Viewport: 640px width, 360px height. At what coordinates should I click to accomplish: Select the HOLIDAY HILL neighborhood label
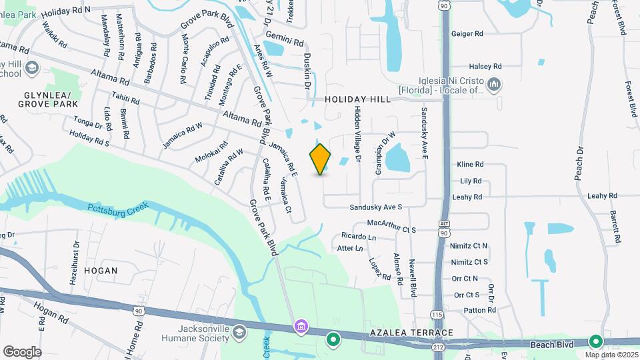click(x=357, y=99)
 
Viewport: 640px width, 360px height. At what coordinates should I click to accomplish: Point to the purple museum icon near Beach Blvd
click(x=301, y=326)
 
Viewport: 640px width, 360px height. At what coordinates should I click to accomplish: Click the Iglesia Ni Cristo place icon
click(x=494, y=85)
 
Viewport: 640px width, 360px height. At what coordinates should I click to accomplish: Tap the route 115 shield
click(x=437, y=315)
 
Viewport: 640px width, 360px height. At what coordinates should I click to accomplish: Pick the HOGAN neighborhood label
click(x=101, y=271)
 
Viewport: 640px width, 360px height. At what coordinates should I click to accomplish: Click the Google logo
click(x=21, y=351)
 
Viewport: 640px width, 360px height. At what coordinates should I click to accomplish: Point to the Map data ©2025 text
click(x=609, y=355)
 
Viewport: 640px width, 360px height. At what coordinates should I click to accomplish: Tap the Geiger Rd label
click(x=467, y=33)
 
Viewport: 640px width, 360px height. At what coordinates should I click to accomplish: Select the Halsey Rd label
click(x=485, y=67)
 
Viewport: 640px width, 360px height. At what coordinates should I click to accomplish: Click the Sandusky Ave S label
click(x=377, y=207)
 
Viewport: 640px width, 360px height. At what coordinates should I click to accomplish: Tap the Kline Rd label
click(x=470, y=164)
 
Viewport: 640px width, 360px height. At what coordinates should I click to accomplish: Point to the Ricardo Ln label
click(x=359, y=237)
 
